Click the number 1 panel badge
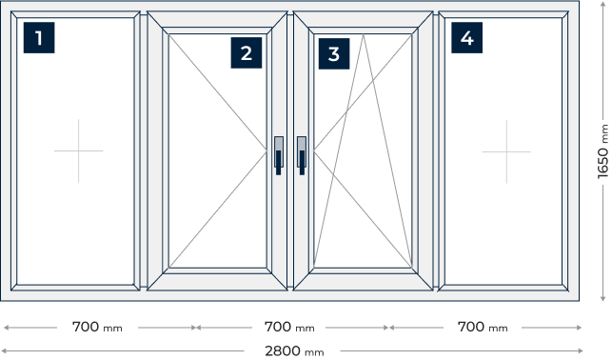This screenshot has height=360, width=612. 39,37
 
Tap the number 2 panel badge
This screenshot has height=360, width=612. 247,52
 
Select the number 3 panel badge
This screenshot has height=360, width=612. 334,53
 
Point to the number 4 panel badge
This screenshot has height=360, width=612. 466,37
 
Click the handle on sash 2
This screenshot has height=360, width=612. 278,155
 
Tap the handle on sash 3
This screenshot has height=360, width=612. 302,155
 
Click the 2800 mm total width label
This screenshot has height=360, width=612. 294,351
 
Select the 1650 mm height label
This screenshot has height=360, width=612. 603,151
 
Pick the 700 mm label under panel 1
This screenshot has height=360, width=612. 97,327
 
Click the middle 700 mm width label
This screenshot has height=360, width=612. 289,327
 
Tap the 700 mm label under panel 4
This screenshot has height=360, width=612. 483,327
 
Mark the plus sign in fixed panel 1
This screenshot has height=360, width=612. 78,150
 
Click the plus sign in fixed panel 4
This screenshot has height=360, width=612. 506,151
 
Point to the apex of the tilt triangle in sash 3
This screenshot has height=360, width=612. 363,34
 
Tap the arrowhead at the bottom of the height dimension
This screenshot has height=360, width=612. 602,298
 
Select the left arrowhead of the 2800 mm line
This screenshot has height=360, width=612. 5,351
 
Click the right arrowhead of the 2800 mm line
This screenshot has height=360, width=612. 581,351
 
